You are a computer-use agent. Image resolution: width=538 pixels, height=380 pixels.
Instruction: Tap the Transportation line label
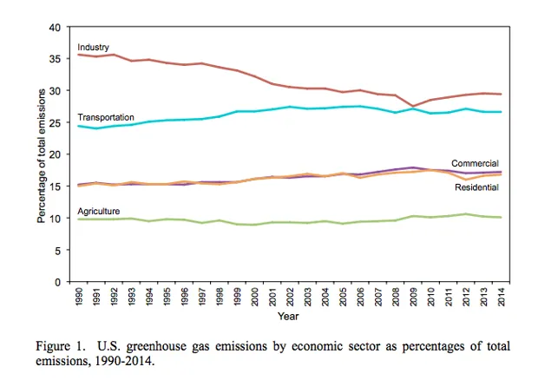105,117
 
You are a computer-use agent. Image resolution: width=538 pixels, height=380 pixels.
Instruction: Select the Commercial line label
476,162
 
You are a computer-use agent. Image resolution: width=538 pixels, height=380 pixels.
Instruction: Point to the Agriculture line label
98,210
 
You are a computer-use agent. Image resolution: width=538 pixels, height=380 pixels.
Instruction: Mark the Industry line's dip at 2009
412,106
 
